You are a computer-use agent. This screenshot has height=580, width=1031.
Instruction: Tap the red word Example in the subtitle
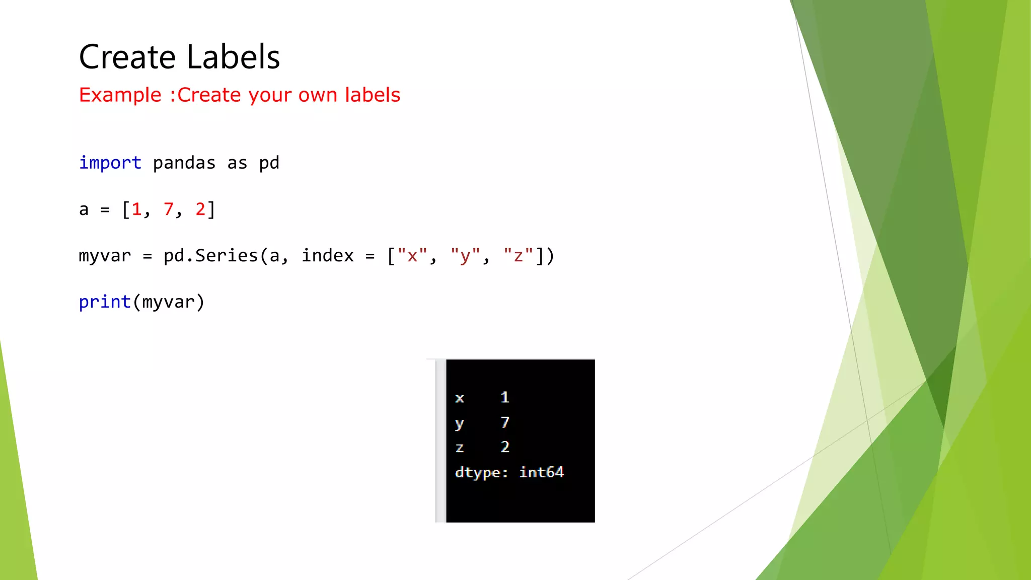(x=120, y=95)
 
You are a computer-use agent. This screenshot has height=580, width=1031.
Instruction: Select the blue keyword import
(x=110, y=163)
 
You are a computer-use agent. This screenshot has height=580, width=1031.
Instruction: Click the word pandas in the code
(x=184, y=163)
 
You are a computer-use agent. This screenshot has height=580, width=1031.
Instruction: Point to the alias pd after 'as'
(x=269, y=163)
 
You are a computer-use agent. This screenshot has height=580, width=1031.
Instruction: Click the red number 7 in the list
(x=168, y=209)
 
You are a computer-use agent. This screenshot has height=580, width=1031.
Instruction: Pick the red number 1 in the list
(x=136, y=209)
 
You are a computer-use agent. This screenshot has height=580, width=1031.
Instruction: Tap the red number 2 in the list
(x=200, y=209)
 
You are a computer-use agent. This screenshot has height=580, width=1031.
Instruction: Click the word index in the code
(x=327, y=256)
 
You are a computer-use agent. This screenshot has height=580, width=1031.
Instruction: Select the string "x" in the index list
(x=412, y=256)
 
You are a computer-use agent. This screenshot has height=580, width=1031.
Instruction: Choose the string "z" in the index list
(x=518, y=256)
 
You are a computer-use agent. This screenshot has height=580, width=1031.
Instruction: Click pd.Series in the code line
(x=210, y=256)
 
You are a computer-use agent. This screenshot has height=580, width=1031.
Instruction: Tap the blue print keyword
(x=105, y=302)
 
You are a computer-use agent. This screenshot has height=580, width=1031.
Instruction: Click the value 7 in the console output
(x=505, y=422)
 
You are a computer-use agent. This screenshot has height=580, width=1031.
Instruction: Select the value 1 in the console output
(x=505, y=397)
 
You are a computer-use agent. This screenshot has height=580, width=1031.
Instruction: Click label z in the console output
(x=459, y=448)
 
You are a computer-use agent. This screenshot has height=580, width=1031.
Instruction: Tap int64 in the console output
(x=541, y=472)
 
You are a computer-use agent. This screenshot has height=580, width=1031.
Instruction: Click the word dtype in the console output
(x=478, y=473)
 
